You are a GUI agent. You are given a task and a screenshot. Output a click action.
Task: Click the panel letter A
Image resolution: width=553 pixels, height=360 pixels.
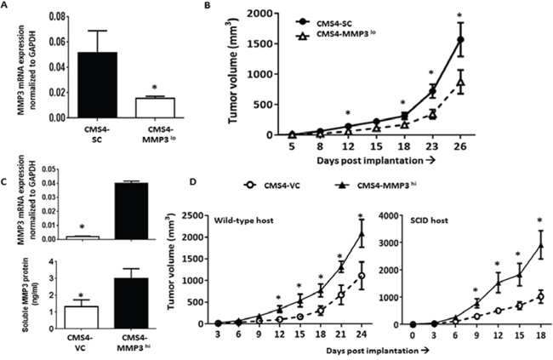point(8,7)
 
